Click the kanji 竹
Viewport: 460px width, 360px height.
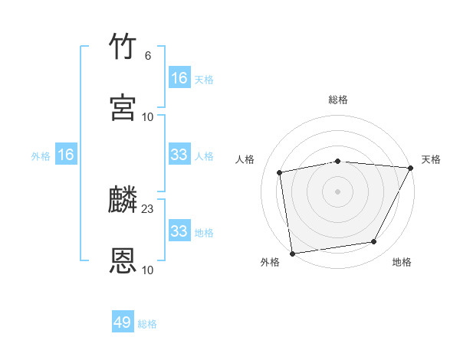click(123, 47)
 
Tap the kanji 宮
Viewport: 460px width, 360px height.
click(123, 107)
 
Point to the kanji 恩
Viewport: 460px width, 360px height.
click(123, 261)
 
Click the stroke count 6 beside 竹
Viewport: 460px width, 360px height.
click(148, 56)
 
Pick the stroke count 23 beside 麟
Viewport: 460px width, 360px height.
click(148, 209)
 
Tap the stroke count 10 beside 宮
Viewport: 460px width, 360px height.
click(148, 116)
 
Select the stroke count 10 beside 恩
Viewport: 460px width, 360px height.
click(148, 270)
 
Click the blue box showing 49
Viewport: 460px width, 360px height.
click(123, 322)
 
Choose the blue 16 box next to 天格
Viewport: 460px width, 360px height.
click(179, 78)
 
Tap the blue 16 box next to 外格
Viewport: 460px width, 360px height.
click(66, 155)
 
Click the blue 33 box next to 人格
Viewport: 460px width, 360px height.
click(179, 155)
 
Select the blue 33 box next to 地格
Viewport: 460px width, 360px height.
click(179, 231)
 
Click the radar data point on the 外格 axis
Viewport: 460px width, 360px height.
click(292, 253)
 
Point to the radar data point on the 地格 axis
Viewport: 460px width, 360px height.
click(374, 242)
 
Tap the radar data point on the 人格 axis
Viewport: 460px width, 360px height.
click(280, 172)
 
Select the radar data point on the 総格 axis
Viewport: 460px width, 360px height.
click(338, 161)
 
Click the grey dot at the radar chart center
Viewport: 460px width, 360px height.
click(338, 191)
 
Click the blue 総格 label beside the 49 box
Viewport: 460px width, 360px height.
click(148, 324)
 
